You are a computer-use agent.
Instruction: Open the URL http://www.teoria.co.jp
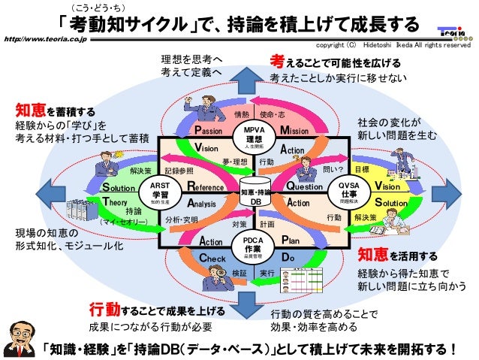[44, 35]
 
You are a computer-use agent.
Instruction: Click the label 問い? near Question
[333, 171]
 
